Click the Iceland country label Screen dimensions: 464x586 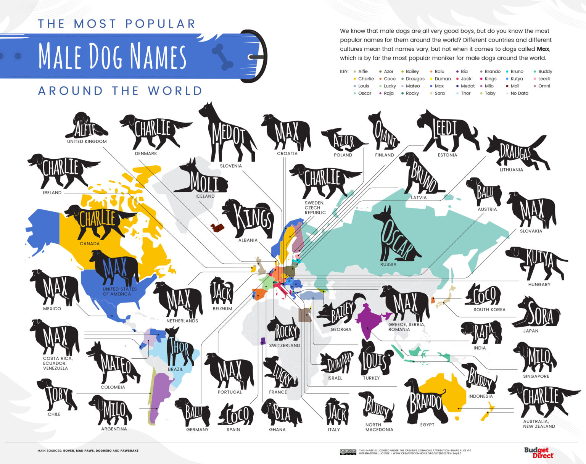[x=205, y=196]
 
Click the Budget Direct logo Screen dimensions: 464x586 [x=538, y=453]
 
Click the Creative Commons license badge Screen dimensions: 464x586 [x=348, y=452]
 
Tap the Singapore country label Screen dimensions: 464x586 [x=536, y=376]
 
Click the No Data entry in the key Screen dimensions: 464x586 [x=519, y=93]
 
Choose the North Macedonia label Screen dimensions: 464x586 [x=379, y=427]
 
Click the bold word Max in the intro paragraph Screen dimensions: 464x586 [x=543, y=49]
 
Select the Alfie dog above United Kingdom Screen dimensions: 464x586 [x=86, y=126]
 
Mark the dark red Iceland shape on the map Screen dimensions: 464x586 [x=217, y=227]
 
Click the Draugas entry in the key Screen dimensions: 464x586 [x=415, y=79]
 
